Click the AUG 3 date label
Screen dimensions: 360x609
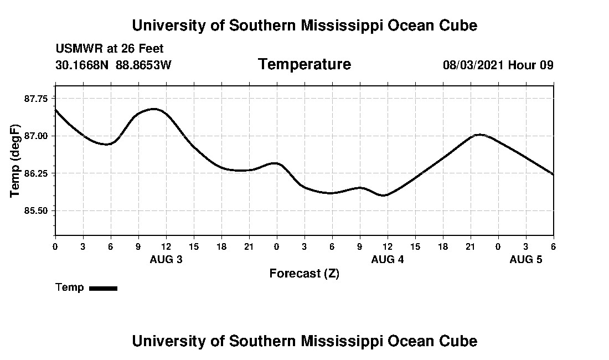(166, 260)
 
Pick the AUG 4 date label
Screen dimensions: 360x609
(388, 260)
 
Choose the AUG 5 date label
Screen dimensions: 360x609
(526, 260)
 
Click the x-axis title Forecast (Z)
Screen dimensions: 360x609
(304, 274)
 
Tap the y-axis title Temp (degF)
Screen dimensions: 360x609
(16, 161)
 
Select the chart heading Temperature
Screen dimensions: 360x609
(304, 65)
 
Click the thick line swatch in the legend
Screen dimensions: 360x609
(103, 288)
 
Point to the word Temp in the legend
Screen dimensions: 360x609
(70, 287)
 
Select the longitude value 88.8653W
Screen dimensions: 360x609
(143, 65)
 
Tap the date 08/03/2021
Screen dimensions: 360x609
(473, 65)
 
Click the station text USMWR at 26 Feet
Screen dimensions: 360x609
(110, 49)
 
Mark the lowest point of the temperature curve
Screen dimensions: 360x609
(384, 196)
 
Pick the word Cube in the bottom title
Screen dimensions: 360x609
(461, 341)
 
